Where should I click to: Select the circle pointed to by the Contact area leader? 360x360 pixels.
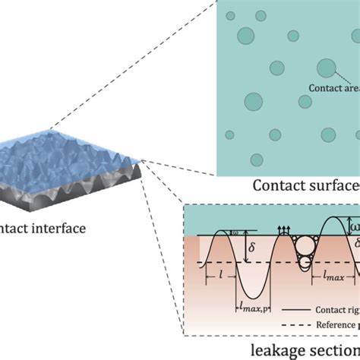[326, 68]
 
